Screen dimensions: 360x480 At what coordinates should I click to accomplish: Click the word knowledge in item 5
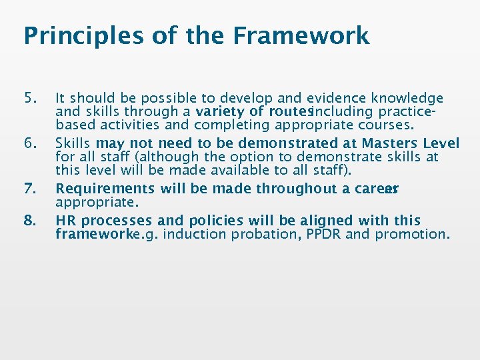click(407, 99)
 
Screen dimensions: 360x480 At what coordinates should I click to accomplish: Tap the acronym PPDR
click(323, 234)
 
